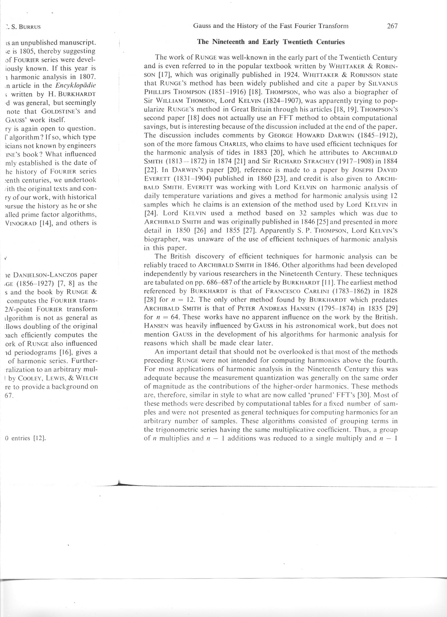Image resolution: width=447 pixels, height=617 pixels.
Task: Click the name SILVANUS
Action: pyautogui.click(x=384, y=83)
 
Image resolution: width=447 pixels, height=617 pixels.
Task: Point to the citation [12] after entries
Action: pyautogui.click(x=39, y=438)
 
